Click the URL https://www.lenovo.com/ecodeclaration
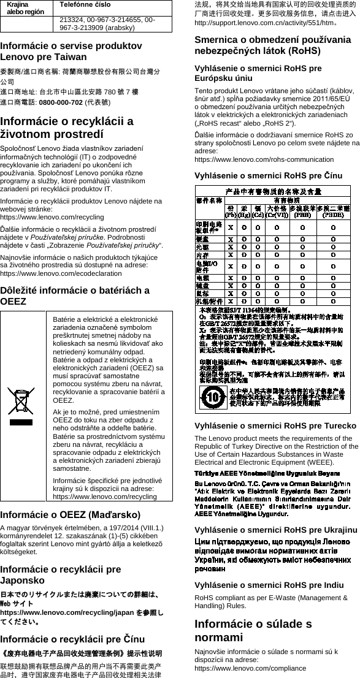53,275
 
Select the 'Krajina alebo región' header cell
21,7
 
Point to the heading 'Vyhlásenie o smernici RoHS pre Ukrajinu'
275,528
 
